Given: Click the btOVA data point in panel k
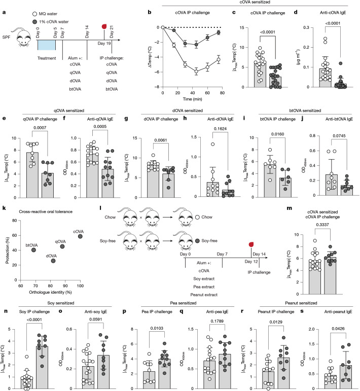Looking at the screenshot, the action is tap(33, 250).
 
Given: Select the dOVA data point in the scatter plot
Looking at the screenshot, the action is tap(53, 261).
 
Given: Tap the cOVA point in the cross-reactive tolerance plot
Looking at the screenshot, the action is tap(80, 236).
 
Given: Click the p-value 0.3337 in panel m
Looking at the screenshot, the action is tap(322, 225).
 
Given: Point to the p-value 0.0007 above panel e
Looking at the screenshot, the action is tap(40, 128).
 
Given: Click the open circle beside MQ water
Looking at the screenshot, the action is tap(34, 14).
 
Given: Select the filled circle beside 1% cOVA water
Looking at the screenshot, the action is tap(34, 22).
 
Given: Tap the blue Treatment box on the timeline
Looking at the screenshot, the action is tap(47, 45).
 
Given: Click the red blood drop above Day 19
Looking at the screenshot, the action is tap(104, 27).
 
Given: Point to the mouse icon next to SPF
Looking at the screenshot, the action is tap(22, 37).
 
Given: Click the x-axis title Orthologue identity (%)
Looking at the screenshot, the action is tap(50, 292).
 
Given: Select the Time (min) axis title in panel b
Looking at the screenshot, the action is tap(193, 99).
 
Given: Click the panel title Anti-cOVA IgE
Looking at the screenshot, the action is tap(333, 13).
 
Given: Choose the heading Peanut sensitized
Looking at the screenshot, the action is tap(301, 303).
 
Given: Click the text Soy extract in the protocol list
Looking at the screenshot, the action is tap(204, 279).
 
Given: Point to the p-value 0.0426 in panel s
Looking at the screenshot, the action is tap(338, 329).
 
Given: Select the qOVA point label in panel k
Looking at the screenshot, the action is tap(60, 241).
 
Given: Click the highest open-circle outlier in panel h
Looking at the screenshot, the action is tap(212, 144).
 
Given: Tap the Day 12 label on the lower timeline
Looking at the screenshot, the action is tap(251, 261).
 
